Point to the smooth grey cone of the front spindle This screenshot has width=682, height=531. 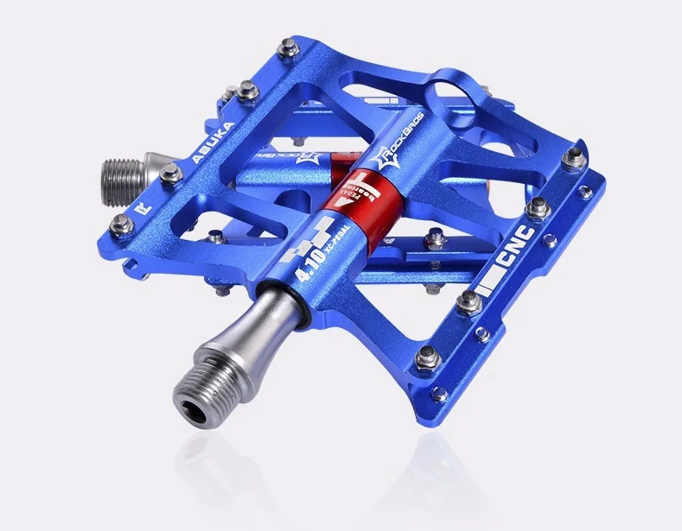tap(246, 338)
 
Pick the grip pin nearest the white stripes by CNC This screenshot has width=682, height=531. tap(468, 299)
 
